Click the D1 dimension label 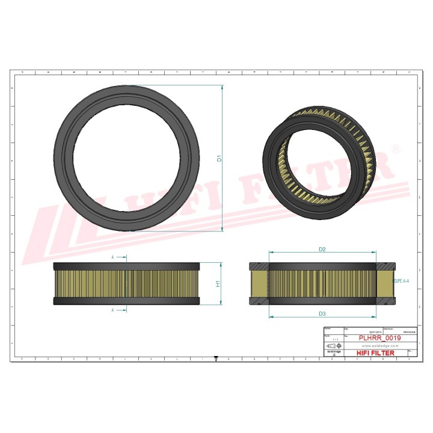tap(220, 159)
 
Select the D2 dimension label tap(322, 249)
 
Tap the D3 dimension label tap(322, 314)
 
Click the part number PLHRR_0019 tap(379, 339)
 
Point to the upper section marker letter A tap(112, 257)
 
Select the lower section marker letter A tap(112, 310)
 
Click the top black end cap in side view tap(126, 266)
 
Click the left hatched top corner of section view tap(259, 266)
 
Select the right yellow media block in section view tap(384, 283)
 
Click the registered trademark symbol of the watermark tap(395, 148)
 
